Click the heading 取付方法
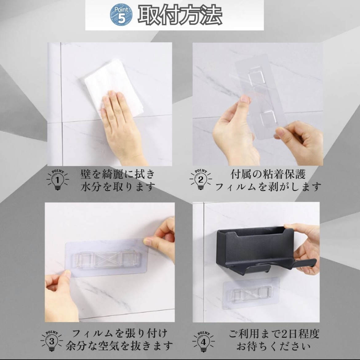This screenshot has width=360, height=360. click(180, 15)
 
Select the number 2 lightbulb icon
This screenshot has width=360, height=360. click(201, 179)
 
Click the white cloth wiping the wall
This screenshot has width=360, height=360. click(113, 87)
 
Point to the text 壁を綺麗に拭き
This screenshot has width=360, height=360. click(118, 174)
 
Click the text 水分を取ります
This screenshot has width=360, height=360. click(118, 186)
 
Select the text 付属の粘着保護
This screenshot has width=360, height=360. click(268, 174)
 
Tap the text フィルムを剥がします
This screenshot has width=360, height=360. click(268, 186)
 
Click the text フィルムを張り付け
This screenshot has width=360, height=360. click(120, 333)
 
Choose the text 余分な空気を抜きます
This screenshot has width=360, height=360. click(119, 346)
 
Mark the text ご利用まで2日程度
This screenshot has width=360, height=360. click(274, 334)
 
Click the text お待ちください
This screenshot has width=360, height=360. click(274, 346)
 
